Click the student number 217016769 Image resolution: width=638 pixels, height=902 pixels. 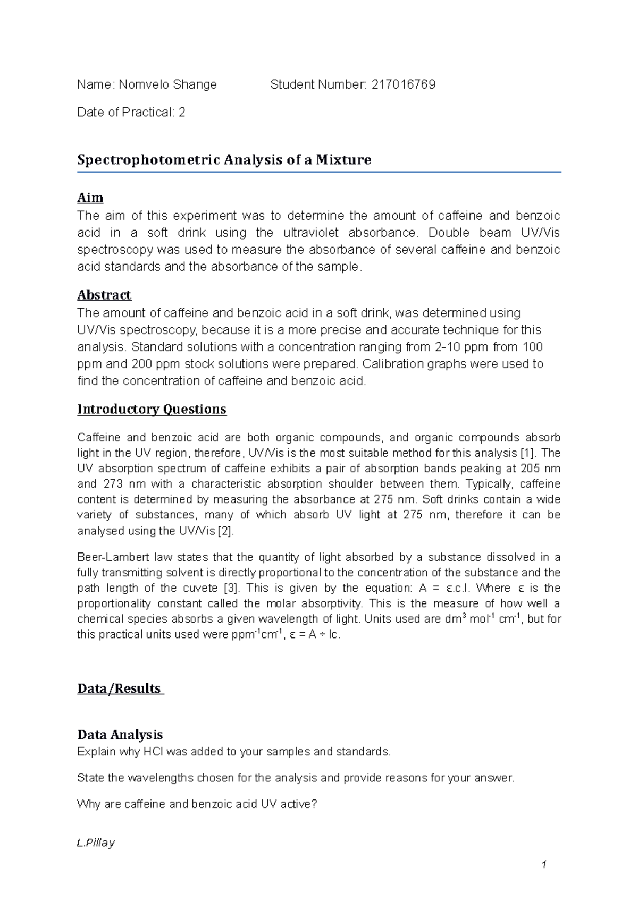[x=404, y=84]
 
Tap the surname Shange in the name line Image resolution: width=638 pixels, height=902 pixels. [x=197, y=84]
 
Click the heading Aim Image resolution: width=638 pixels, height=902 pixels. [x=90, y=198]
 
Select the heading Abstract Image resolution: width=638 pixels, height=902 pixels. [x=104, y=295]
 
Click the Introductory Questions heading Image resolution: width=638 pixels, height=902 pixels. [x=152, y=410]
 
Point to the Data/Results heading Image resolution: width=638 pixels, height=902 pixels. [x=120, y=689]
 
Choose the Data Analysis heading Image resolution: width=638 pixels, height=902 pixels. [x=120, y=735]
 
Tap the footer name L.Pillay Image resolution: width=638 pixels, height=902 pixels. [x=96, y=843]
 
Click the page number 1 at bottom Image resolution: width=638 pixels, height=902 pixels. [x=544, y=865]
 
